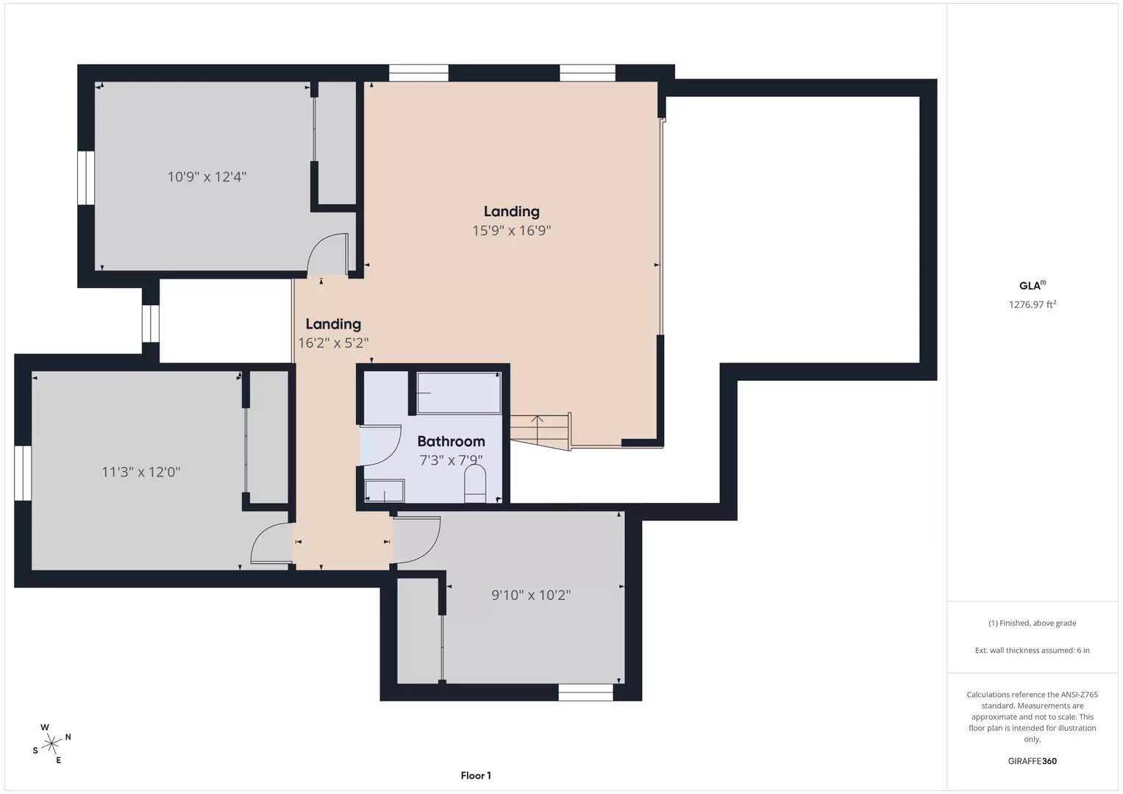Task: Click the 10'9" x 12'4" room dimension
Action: coord(207,177)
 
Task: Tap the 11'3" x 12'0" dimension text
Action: coord(140,472)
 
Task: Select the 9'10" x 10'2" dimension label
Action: coord(531,595)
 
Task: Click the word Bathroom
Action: coord(451,441)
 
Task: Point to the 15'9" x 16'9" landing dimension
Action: coord(511,231)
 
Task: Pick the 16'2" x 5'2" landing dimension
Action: coord(333,343)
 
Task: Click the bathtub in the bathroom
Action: coord(459,393)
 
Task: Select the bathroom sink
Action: coord(385,491)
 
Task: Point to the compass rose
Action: coord(51,744)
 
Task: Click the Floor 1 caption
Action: coord(476,776)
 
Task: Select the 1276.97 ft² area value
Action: coord(1032,304)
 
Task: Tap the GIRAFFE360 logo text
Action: coord(1032,761)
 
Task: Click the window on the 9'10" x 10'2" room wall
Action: coord(585,692)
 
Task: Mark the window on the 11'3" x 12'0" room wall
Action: coord(23,473)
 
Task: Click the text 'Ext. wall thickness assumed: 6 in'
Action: coord(1032,650)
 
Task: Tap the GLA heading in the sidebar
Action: coord(1030,286)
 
